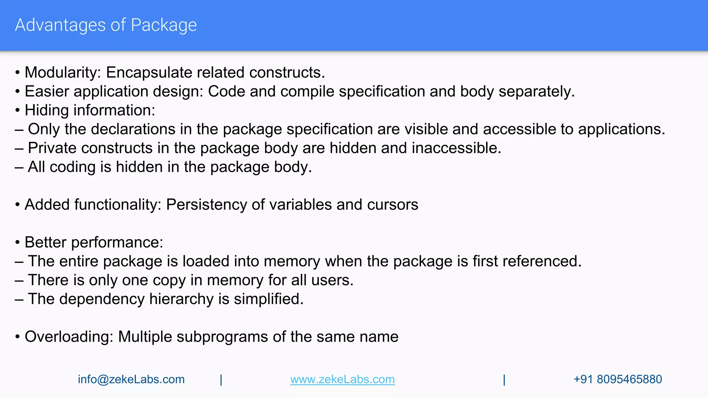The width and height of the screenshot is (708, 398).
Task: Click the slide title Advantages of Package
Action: tap(106, 25)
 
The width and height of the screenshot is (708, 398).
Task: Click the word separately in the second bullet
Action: tap(536, 92)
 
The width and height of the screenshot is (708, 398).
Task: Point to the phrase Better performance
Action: tap(94, 243)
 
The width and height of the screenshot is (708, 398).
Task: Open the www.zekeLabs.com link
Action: tap(342, 379)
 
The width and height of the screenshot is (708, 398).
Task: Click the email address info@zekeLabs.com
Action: tap(131, 379)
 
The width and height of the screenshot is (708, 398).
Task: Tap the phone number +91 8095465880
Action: tap(617, 379)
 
